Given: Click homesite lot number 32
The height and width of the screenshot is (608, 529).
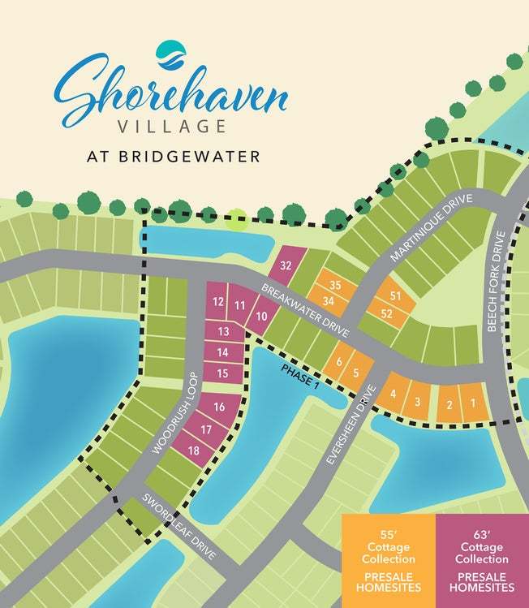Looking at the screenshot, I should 286,265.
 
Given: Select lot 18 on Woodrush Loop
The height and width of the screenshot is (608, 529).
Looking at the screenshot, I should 194,451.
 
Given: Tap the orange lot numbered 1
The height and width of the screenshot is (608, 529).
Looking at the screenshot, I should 471,403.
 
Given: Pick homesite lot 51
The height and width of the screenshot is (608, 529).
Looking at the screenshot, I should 396,296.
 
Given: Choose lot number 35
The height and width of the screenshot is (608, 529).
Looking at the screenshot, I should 334,285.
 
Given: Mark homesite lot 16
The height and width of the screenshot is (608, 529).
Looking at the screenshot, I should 218,407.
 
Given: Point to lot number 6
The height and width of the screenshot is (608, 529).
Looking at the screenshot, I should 339,362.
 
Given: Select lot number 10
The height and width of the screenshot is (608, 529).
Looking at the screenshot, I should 261,316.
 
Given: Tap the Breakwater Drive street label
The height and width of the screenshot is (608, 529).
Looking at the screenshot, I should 305,311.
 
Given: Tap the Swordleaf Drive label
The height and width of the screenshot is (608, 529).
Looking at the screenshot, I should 180,527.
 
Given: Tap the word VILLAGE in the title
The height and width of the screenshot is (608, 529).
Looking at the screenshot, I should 171,127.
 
